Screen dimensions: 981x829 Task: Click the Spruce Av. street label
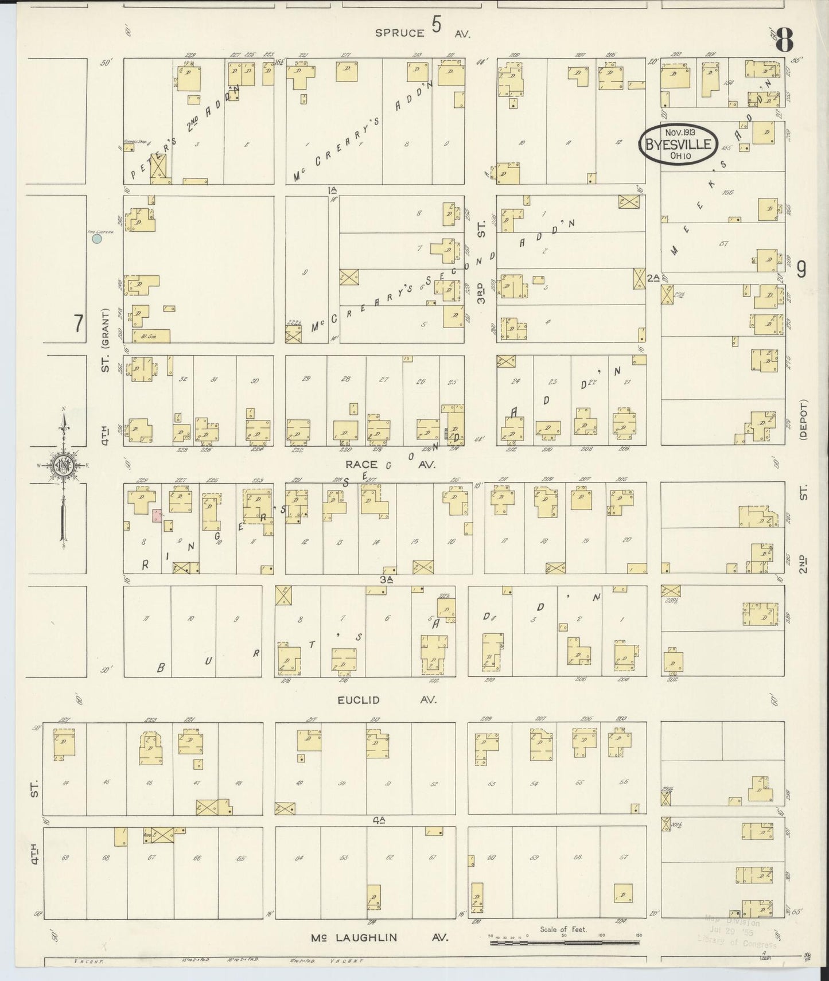pyautogui.click(x=423, y=33)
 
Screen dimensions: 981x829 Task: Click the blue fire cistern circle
pyautogui.click(x=97, y=238)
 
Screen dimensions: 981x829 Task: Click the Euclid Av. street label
pyautogui.click(x=387, y=699)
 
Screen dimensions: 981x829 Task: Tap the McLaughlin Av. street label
pyautogui.click(x=378, y=937)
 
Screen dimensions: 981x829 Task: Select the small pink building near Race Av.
pyautogui.click(x=157, y=515)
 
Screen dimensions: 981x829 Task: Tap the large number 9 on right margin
pyautogui.click(x=801, y=268)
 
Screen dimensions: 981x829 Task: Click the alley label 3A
pyautogui.click(x=386, y=579)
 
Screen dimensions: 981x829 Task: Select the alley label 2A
pyautogui.click(x=653, y=278)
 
